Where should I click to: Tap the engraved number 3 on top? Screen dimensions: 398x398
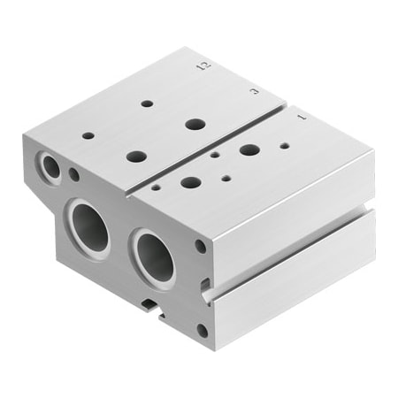254,89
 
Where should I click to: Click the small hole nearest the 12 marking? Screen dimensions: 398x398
147,103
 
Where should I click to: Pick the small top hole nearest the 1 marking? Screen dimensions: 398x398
284,144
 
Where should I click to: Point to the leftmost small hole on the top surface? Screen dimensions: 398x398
88,135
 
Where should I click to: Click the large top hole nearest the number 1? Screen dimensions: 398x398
249,149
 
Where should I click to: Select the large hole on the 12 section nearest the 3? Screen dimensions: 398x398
195,123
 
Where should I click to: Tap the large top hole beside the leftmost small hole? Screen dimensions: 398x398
136,156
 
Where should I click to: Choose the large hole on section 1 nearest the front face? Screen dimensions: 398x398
190,183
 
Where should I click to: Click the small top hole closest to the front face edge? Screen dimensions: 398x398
156,188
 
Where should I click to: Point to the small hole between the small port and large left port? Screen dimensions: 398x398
74,175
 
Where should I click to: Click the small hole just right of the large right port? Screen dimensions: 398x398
201,247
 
